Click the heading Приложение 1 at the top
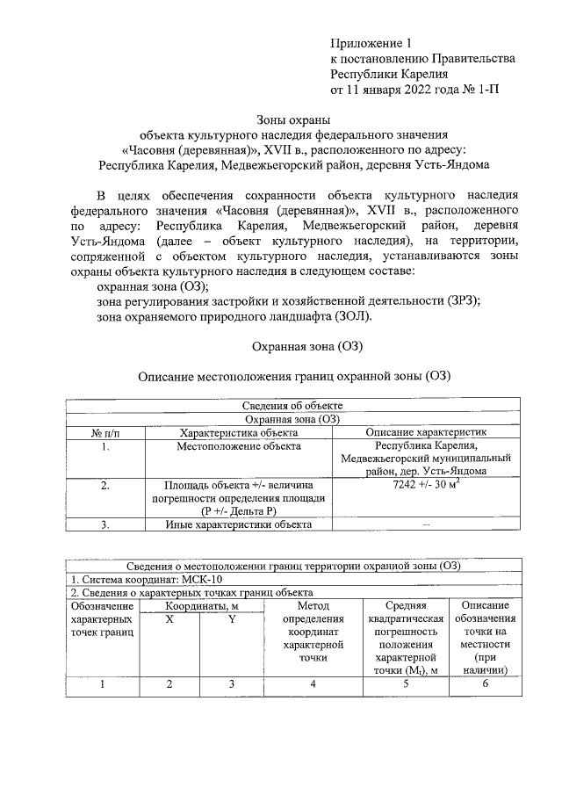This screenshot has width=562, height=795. [x=370, y=43]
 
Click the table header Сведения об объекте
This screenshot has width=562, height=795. [x=292, y=405]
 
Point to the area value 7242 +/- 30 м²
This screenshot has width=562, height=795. [x=428, y=485]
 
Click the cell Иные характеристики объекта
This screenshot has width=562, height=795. [x=239, y=525]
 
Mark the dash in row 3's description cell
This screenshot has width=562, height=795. [x=427, y=525]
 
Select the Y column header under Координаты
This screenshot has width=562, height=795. [x=232, y=619]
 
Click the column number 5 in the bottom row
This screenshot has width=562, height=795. [x=406, y=685]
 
